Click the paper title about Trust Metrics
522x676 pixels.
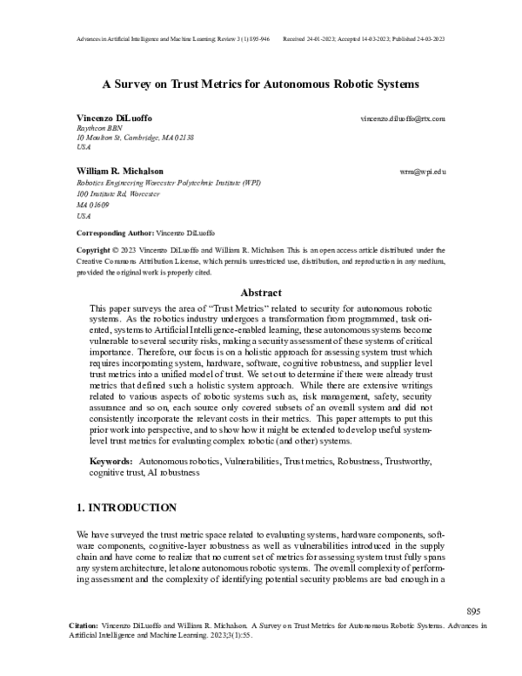click(261, 85)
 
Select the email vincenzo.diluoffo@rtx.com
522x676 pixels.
click(403, 118)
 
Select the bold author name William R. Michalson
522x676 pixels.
click(119, 172)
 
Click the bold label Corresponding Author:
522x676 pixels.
click(114, 233)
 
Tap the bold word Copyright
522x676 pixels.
click(94, 249)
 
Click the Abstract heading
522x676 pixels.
click(261, 294)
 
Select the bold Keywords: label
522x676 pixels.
click(110, 459)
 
